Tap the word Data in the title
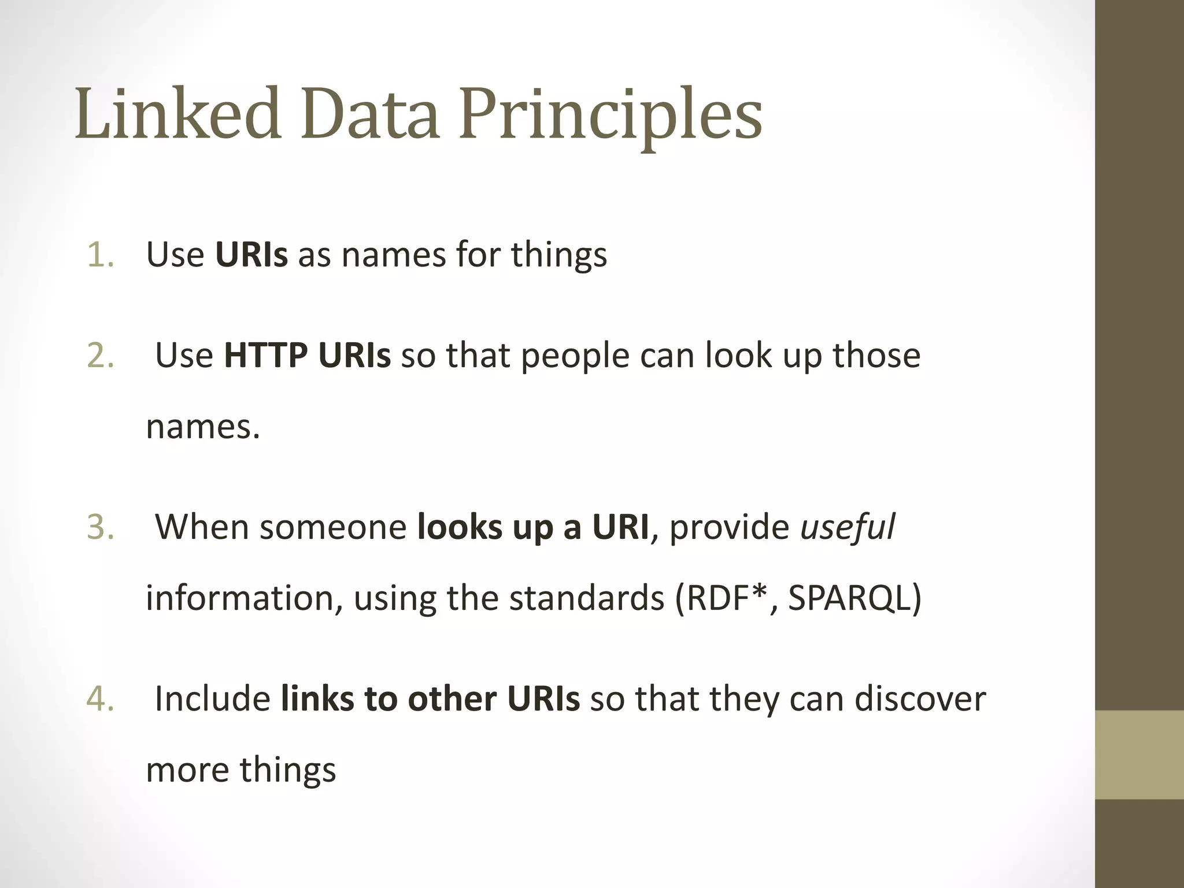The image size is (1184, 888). pyautogui.click(x=370, y=114)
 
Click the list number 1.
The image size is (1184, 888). pyautogui.click(x=100, y=254)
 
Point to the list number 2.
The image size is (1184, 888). pyautogui.click(x=100, y=355)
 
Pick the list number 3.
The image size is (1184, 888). pyautogui.click(x=100, y=527)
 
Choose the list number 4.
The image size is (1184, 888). pyautogui.click(x=100, y=698)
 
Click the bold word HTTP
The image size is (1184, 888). pyautogui.click(x=265, y=355)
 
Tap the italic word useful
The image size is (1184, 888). pyautogui.click(x=847, y=527)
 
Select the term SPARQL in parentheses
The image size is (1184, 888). pyautogui.click(x=849, y=598)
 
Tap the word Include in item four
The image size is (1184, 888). pyautogui.click(x=212, y=698)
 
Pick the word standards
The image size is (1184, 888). pyautogui.click(x=586, y=598)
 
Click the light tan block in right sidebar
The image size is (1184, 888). pyautogui.click(x=1139, y=754)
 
